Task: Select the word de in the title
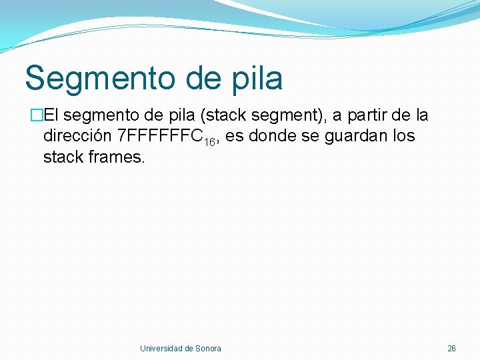pyautogui.click(x=193, y=79)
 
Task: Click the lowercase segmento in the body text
pyautogui.click(x=102, y=116)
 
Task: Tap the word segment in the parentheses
pyautogui.click(x=273, y=116)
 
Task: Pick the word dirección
pyautogui.click(x=77, y=137)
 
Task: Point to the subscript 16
pyautogui.click(x=211, y=142)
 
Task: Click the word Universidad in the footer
pyautogui.click(x=161, y=348)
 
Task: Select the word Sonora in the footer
pyautogui.click(x=208, y=348)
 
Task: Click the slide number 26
pyautogui.click(x=451, y=348)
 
